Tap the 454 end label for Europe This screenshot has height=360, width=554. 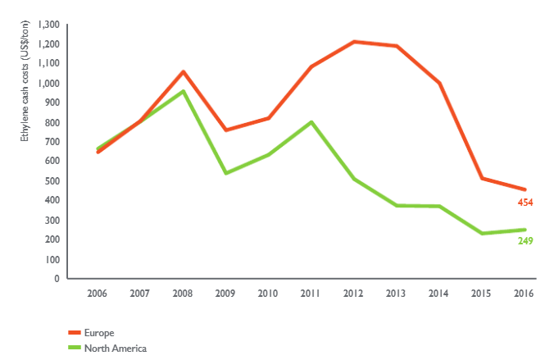tap(524, 203)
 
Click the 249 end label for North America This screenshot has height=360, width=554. tap(524, 240)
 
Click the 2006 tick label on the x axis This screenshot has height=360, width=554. tap(98, 293)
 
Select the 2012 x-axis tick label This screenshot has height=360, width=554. tap(353, 293)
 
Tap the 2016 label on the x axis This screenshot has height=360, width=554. tap(524, 293)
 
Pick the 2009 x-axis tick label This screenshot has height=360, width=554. tap(225, 293)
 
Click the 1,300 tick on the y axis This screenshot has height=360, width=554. tap(48, 25)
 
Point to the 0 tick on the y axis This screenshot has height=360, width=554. tap(57, 279)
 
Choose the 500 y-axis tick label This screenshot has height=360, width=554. tap(52, 181)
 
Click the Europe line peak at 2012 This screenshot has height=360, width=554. tap(353, 41)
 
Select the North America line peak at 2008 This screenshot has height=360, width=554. tap(183, 91)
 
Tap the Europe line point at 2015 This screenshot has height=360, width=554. tap(481, 178)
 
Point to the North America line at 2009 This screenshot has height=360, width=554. tap(225, 173)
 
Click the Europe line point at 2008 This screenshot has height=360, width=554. tap(183, 71)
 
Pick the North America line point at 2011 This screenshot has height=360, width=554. tap(311, 122)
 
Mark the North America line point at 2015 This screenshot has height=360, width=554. tap(481, 234)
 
